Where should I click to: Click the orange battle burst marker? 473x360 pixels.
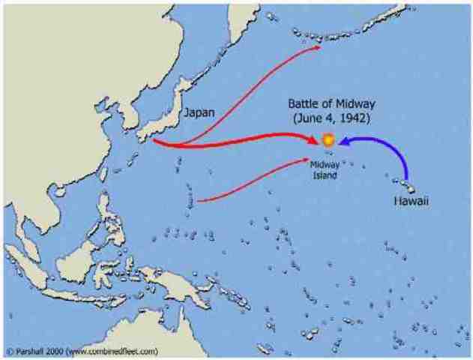(x=328, y=140)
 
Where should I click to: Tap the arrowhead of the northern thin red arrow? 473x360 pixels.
(x=318, y=46)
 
